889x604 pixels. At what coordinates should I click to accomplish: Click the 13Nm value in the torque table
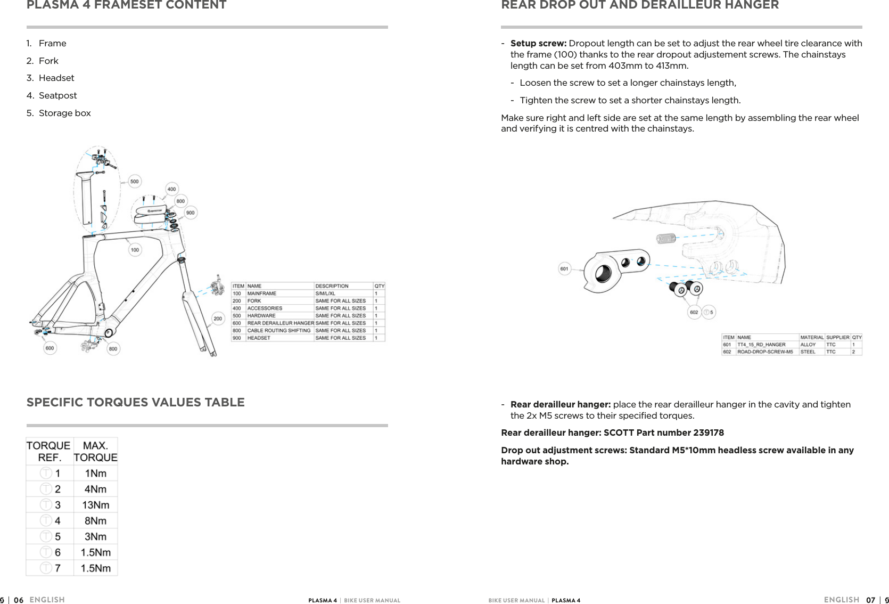[x=95, y=505]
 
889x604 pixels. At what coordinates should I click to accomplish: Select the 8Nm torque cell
[x=95, y=521]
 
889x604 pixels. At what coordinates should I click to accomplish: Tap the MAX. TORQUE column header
[x=95, y=452]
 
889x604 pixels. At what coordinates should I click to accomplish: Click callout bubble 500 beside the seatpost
[x=135, y=182]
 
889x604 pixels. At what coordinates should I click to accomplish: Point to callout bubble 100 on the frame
[x=135, y=250]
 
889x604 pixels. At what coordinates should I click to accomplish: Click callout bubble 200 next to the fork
[x=218, y=319]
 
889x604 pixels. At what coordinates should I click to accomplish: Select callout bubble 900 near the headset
[x=190, y=213]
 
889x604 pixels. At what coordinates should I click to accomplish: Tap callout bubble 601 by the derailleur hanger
[x=564, y=269]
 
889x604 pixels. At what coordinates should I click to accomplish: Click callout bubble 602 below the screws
[x=694, y=313]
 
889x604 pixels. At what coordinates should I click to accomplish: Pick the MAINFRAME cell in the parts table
[x=261, y=293]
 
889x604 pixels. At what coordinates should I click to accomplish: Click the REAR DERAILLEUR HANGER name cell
[x=281, y=323]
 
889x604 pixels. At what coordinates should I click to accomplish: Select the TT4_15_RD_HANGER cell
[x=761, y=345]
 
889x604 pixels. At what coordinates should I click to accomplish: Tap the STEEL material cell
[x=808, y=352]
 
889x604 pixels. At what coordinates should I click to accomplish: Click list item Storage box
[x=64, y=113]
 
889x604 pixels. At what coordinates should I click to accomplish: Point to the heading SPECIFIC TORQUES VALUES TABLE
[x=136, y=403]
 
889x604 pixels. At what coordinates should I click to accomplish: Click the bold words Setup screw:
[x=538, y=43]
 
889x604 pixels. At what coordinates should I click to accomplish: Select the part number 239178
[x=708, y=432]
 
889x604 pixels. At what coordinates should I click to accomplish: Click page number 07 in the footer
[x=870, y=600]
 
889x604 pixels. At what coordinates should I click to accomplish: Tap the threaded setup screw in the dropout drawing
[x=666, y=238]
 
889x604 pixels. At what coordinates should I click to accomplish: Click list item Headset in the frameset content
[x=56, y=78]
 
